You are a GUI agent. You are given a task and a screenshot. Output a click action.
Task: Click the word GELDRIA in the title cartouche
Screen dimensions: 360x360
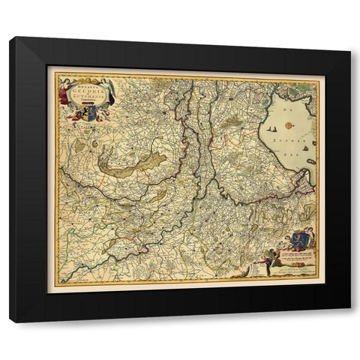tap(85, 91)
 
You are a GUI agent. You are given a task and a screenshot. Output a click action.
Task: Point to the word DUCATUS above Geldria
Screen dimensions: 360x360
tap(85, 85)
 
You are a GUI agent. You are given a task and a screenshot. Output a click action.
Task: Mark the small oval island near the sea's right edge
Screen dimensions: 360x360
tap(310, 160)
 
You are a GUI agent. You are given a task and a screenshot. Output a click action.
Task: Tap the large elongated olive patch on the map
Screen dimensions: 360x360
tap(135, 166)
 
